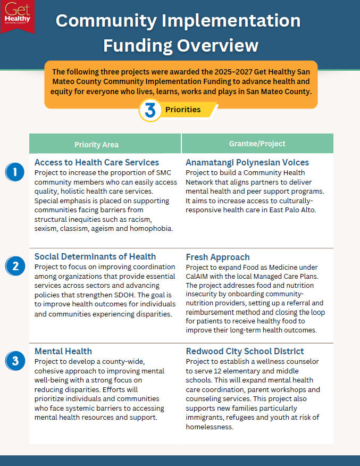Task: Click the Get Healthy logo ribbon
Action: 18,15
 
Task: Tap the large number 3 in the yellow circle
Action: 150,110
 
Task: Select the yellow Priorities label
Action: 183,110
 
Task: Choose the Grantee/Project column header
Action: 257,144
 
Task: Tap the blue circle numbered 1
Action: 15,172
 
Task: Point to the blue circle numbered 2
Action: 15,266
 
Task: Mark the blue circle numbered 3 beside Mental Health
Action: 15,361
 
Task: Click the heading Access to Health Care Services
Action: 97,162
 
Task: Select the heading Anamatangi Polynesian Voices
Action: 247,162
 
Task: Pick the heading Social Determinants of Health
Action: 95,257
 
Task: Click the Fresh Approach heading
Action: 217,257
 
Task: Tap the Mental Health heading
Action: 63,351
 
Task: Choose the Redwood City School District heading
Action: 245,351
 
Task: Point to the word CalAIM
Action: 199,276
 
